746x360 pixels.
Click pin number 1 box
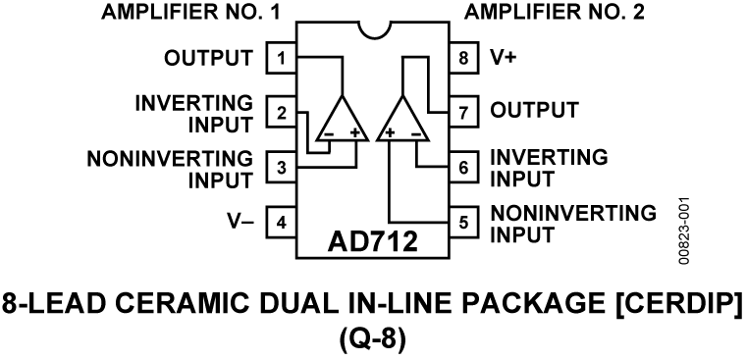click(x=282, y=58)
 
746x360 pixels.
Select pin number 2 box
click(x=282, y=113)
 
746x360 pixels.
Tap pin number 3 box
click(x=282, y=168)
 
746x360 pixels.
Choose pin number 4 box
click(x=282, y=222)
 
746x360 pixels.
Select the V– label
click(x=240, y=222)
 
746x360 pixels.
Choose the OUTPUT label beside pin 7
click(x=535, y=109)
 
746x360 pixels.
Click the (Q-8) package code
click(x=372, y=339)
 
